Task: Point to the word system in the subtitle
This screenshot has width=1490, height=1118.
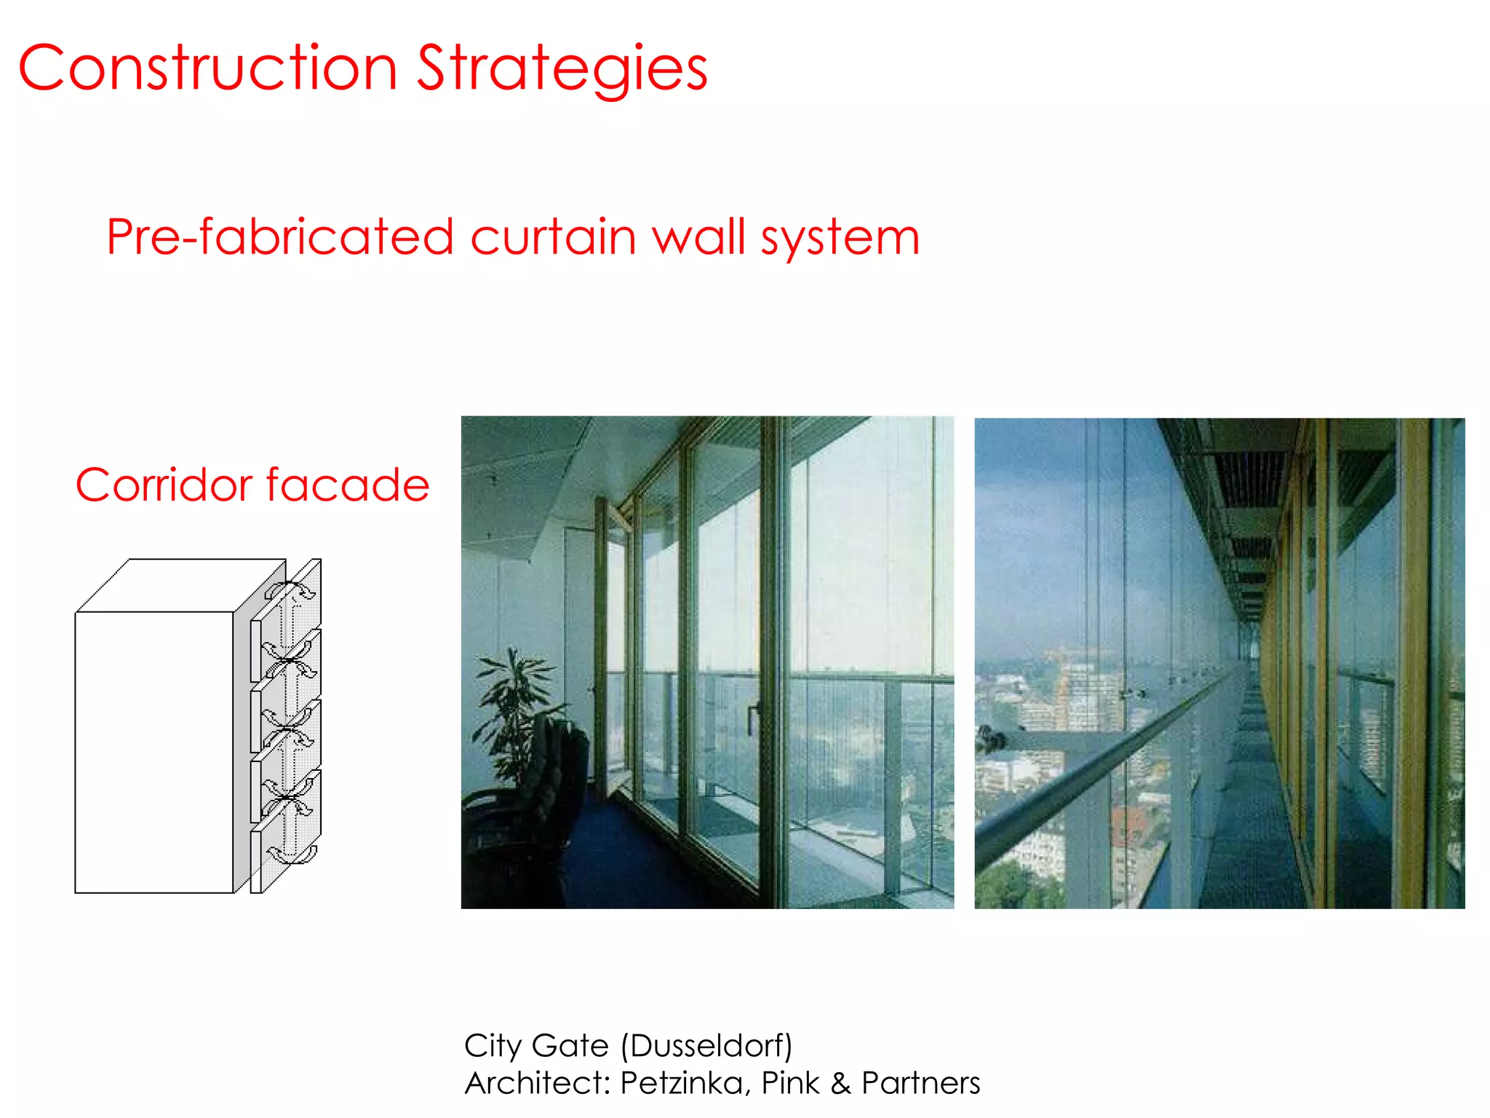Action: point(840,239)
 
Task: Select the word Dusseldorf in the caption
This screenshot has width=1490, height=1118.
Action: point(706,1046)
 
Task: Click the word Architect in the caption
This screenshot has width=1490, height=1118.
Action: point(535,1083)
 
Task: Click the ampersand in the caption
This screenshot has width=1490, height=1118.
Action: point(840,1083)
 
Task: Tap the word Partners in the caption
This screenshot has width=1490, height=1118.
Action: point(920,1083)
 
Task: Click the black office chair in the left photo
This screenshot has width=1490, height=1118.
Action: point(553,772)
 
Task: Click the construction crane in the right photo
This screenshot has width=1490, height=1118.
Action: point(1062,691)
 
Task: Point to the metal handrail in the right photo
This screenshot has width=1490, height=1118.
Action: point(1091,786)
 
